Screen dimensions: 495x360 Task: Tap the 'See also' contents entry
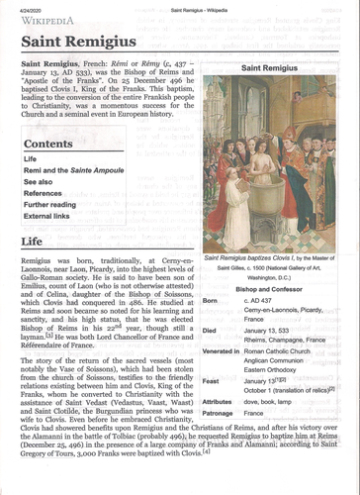pyautogui.click(x=39, y=182)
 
